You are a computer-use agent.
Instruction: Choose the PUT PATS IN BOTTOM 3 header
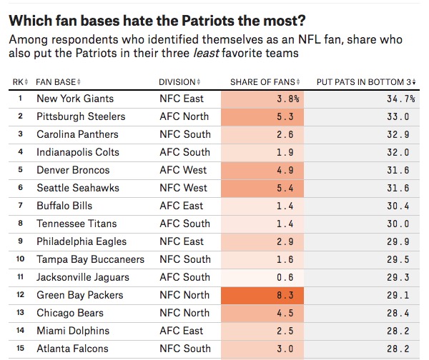tap(365, 81)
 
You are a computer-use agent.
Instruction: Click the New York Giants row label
tap(75, 99)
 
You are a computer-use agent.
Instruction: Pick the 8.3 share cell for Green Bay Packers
tap(263, 295)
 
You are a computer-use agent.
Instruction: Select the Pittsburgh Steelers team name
tap(81, 116)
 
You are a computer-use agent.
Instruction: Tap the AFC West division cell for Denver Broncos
tap(182, 170)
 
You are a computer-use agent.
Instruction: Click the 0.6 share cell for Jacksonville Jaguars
tap(263, 277)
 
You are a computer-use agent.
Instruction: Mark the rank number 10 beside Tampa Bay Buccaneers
tap(21, 259)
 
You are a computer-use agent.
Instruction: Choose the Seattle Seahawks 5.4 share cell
tap(263, 188)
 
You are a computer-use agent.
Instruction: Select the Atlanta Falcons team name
tap(72, 349)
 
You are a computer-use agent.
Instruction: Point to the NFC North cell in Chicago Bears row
tap(184, 313)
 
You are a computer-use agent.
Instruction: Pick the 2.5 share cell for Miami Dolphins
tap(263, 331)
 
